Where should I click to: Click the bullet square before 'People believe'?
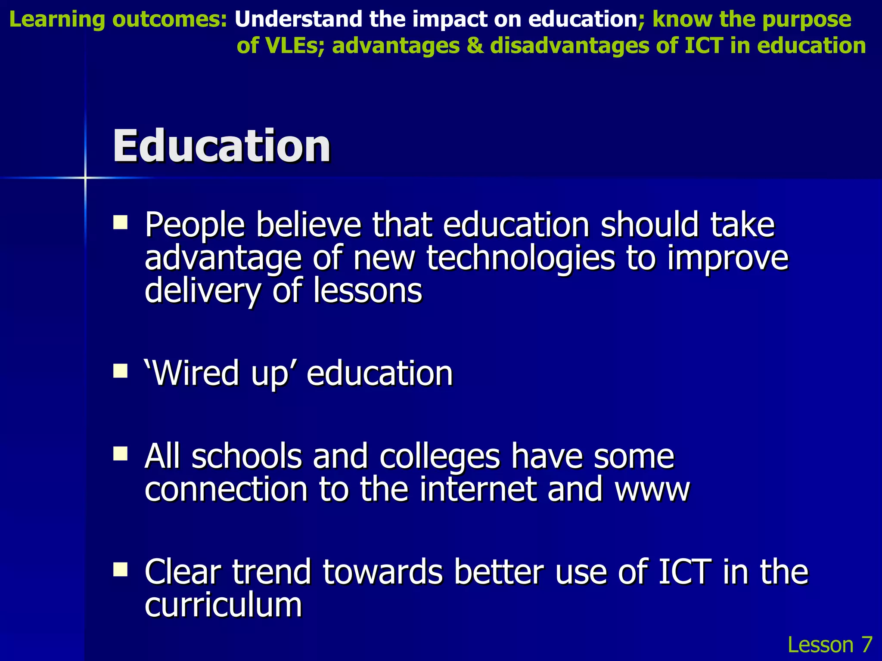pos(120,222)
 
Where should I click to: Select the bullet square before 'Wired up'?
pos(120,371)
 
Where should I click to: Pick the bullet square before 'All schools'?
pos(120,454)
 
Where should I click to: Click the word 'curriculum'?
pos(223,605)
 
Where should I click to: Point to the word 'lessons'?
pos(367,290)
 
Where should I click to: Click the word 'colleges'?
pos(440,456)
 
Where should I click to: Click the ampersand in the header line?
pos(475,46)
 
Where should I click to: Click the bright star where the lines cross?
pos(85,177)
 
